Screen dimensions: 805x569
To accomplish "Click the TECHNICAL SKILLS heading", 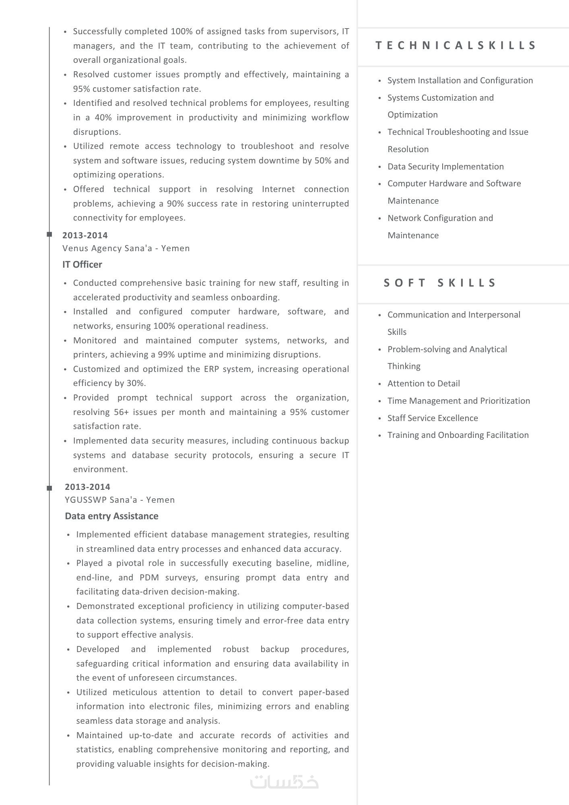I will tap(456, 45).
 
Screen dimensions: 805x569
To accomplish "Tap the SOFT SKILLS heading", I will tap(440, 283).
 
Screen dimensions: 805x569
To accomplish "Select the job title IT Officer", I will tap(82, 264).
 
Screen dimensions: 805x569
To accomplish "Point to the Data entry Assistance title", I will tap(111, 516).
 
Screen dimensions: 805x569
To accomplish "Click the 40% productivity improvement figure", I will tap(103, 118).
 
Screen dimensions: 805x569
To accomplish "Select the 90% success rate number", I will tap(175, 204).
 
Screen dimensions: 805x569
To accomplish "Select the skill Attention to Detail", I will tap(423, 384).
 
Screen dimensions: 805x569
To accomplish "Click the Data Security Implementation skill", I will tap(445, 167).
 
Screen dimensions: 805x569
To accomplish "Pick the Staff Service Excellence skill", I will tap(433, 418).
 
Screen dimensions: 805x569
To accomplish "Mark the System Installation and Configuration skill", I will tap(460, 80).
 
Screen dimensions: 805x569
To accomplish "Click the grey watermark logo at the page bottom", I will tap(284, 782).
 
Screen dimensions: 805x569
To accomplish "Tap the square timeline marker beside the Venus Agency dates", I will tap(49, 234).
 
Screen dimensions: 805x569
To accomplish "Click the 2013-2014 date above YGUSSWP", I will tap(87, 487).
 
